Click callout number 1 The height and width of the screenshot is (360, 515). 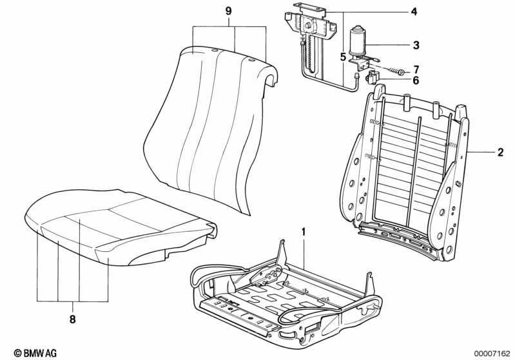click(304, 232)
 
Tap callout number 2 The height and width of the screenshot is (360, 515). click(500, 152)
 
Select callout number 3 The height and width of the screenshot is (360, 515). click(416, 45)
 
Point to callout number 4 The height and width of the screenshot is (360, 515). click(414, 12)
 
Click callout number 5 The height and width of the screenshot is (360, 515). click(343, 57)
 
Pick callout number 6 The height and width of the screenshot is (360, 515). click(416, 80)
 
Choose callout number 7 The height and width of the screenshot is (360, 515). click(416, 70)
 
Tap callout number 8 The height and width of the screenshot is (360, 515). click(73, 319)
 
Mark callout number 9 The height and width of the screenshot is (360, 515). click(229, 12)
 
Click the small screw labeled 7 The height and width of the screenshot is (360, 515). click(398, 71)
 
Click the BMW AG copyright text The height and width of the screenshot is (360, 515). click(35, 353)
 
